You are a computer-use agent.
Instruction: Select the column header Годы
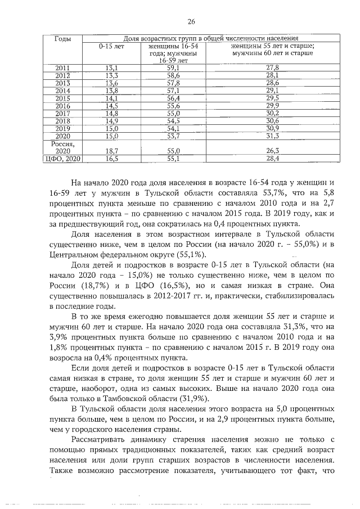pyautogui.click(x=62, y=38)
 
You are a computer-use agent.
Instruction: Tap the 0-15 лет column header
pyautogui.click(x=111, y=46)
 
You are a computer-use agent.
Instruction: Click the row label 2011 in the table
pyautogui.click(x=62, y=68)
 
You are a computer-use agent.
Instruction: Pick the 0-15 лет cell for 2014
pyautogui.click(x=111, y=90)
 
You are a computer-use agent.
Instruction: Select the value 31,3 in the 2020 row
pyautogui.click(x=272, y=136)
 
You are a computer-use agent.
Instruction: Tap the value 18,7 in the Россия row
pyautogui.click(x=111, y=151)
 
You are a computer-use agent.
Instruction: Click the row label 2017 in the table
pyautogui.click(x=62, y=113)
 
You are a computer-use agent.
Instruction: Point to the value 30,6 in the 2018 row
pyautogui.click(x=272, y=120)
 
